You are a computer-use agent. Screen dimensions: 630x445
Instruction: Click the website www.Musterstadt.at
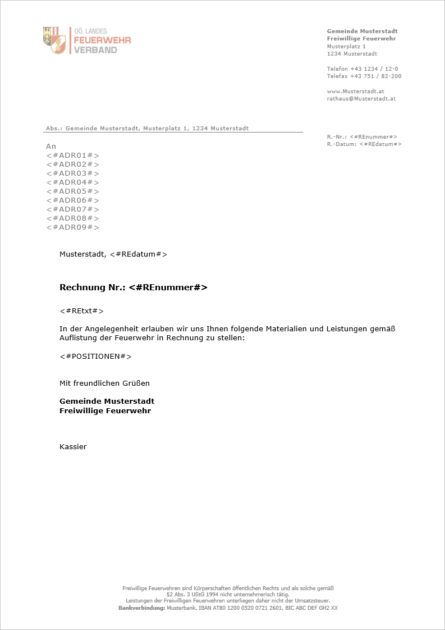point(355,91)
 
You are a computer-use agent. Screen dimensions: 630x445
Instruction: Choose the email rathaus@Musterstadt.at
point(361,98)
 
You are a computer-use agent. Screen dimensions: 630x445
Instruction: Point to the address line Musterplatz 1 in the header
point(346,46)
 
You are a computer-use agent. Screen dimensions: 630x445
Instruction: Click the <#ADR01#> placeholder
point(72,155)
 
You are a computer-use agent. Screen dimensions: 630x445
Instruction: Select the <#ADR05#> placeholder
point(72,191)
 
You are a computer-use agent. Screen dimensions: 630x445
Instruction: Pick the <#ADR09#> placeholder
point(72,227)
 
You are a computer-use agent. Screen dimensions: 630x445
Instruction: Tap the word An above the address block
point(51,146)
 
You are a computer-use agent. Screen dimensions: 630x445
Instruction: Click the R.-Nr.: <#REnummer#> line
point(362,136)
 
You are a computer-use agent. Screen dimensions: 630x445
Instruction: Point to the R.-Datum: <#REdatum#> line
point(364,144)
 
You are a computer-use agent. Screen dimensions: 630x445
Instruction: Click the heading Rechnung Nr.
point(93,287)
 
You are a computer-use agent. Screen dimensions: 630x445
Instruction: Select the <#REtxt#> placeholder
point(81,311)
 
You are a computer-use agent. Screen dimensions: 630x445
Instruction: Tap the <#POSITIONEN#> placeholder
point(95,356)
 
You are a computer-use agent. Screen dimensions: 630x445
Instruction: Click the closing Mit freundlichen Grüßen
point(104,383)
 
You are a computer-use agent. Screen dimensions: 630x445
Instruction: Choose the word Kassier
point(73,446)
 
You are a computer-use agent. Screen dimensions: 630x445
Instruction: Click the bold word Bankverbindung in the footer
point(141,608)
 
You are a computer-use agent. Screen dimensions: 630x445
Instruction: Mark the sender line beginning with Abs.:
point(147,129)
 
